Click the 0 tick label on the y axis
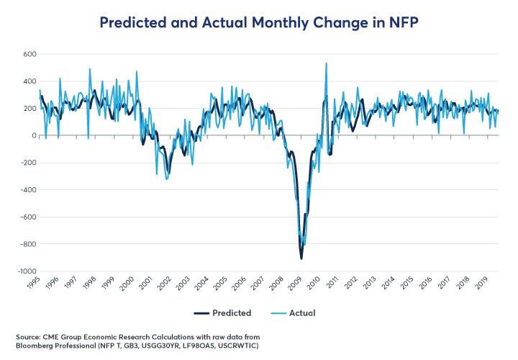(x=33, y=135)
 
